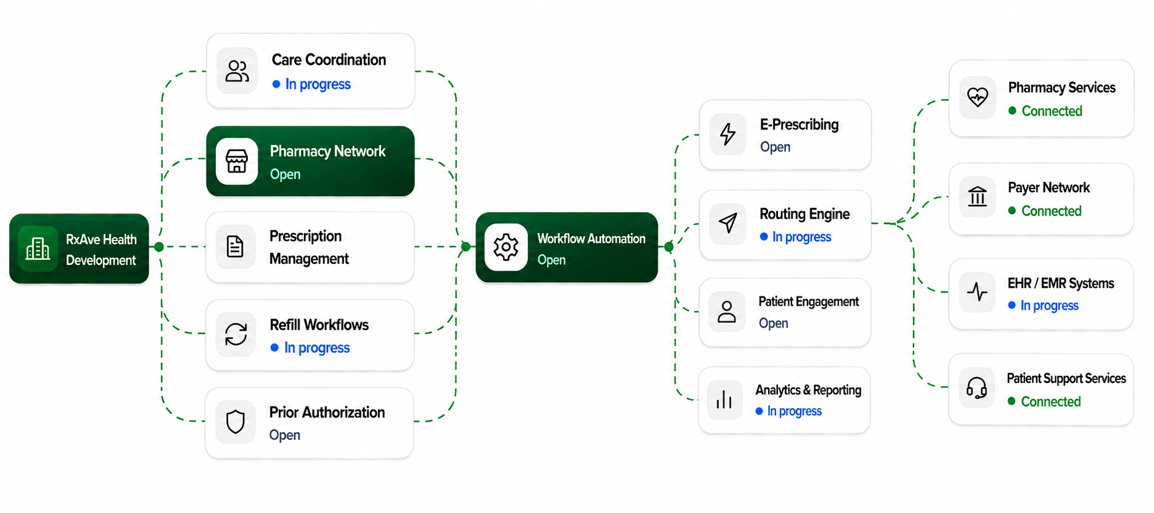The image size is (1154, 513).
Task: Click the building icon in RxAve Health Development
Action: [38, 249]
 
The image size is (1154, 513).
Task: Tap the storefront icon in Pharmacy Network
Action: [237, 161]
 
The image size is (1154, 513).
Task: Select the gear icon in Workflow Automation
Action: [506, 247]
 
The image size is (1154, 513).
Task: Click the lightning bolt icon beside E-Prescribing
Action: [728, 134]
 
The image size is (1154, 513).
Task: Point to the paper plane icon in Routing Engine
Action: [728, 223]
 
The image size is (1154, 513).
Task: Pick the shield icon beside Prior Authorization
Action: [236, 422]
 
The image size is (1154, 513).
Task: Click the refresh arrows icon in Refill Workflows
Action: [236, 334]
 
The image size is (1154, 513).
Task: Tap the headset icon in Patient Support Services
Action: [977, 388]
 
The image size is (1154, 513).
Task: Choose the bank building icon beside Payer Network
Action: [977, 196]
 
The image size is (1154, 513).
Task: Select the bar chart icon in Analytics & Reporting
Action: [725, 399]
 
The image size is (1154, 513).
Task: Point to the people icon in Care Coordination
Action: [237, 71]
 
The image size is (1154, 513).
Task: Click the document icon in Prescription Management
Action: [236, 247]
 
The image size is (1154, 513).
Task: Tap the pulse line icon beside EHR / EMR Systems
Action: [977, 291]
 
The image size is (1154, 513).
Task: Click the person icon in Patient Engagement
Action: [727, 312]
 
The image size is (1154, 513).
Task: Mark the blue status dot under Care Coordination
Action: [276, 84]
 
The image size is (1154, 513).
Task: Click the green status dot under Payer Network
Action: [1012, 211]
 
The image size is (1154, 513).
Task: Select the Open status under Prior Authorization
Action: [285, 435]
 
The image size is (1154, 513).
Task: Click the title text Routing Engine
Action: [804, 214]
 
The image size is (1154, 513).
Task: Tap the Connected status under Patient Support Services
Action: [1051, 402]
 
